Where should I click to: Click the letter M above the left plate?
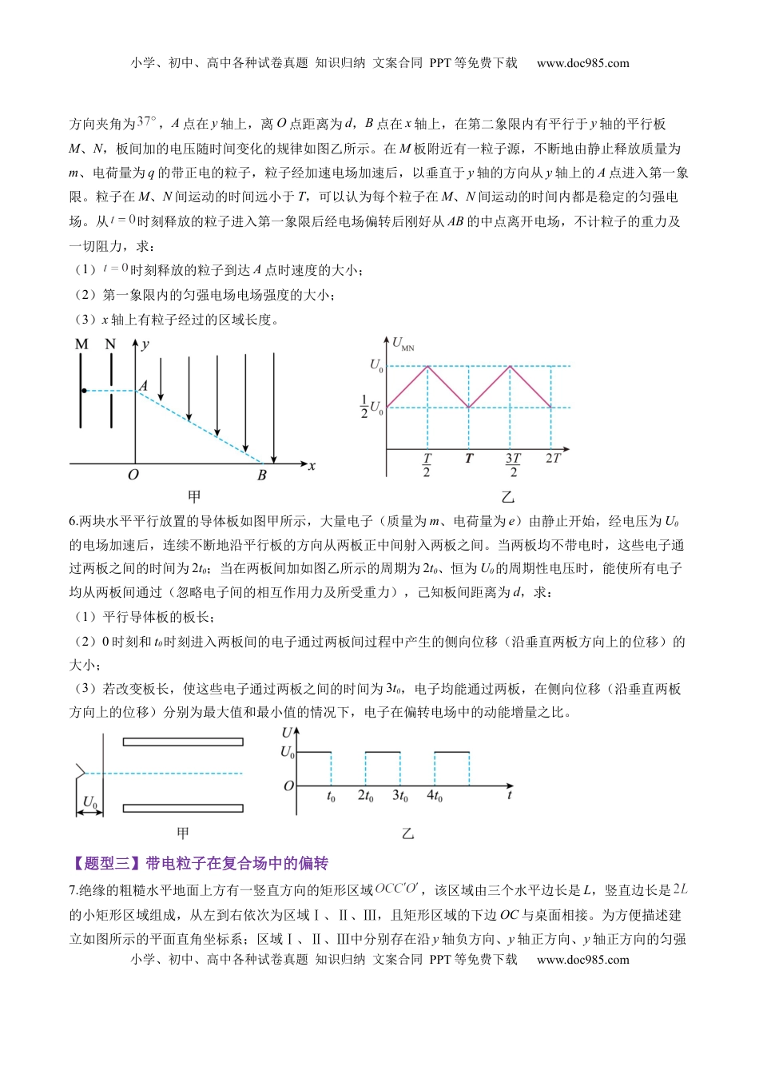pyautogui.click(x=81, y=344)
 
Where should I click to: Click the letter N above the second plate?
pyautogui.click(x=110, y=344)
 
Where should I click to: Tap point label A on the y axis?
pyautogui.click(x=144, y=386)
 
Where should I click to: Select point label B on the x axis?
pyautogui.click(x=262, y=475)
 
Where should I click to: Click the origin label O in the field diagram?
pyautogui.click(x=133, y=475)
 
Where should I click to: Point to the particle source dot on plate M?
pyautogui.click(x=84, y=391)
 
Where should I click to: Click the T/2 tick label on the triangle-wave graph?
pyautogui.click(x=427, y=465)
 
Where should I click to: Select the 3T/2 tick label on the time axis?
pyautogui.click(x=513, y=465)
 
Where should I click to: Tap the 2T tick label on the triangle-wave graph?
pyautogui.click(x=553, y=459)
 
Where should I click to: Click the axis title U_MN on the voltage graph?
pyautogui.click(x=403, y=344)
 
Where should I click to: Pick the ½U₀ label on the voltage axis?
pyautogui.click(x=371, y=407)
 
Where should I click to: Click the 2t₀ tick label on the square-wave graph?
pyautogui.click(x=365, y=796)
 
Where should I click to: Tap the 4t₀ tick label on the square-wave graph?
pyautogui.click(x=435, y=796)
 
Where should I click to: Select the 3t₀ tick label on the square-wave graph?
pyautogui.click(x=399, y=796)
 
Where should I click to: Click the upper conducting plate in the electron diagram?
pyautogui.click(x=183, y=742)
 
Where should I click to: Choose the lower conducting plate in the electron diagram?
pyautogui.click(x=183, y=809)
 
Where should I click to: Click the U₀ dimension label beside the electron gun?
pyautogui.click(x=90, y=802)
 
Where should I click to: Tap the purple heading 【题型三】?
pyautogui.click(x=104, y=863)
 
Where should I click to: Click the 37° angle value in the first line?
pyautogui.click(x=147, y=121)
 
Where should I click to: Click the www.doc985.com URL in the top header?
pyautogui.click(x=582, y=63)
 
